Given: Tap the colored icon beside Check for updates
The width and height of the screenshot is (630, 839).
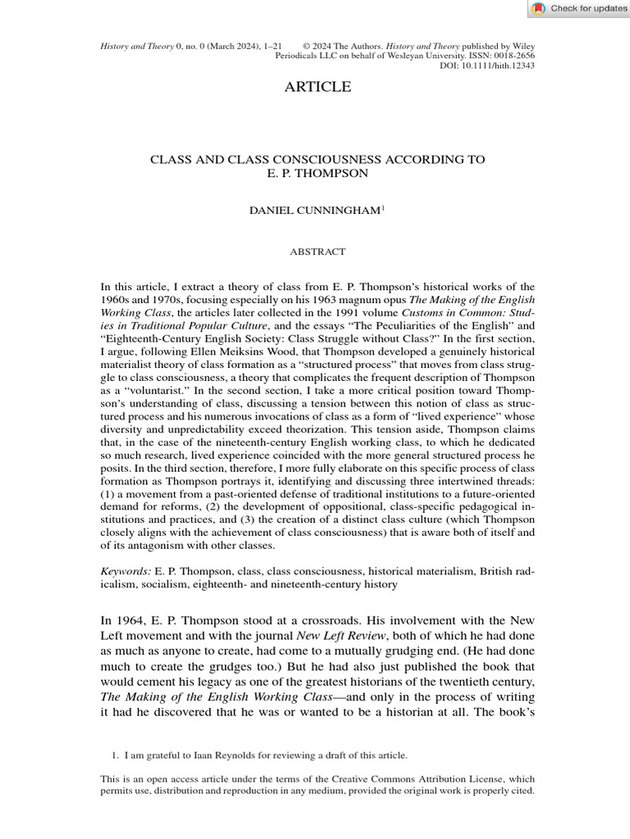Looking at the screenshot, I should [538, 9].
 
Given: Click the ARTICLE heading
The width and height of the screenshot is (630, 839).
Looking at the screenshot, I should [317, 87].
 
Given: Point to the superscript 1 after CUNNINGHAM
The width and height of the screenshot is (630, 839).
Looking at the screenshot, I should [382, 208].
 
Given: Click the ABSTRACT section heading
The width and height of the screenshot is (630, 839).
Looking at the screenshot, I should [317, 252].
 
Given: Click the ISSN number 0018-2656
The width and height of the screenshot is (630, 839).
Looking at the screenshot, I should [514, 56].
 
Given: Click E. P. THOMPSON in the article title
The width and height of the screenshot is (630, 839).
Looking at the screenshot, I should [317, 174].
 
